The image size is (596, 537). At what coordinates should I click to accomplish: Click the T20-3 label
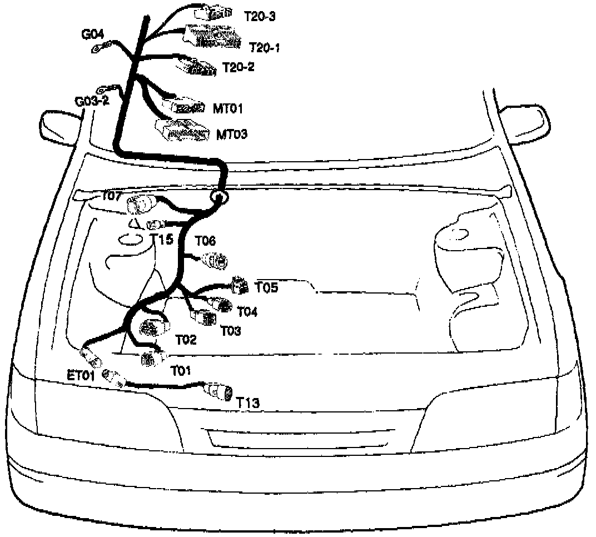click(260, 16)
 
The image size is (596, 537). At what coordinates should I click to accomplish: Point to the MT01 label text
click(228, 107)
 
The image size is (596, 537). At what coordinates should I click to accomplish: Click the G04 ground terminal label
click(92, 35)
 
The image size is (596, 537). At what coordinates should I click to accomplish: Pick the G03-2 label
click(92, 102)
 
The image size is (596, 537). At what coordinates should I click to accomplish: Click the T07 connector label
click(111, 196)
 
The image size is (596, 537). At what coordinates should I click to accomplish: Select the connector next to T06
click(215, 260)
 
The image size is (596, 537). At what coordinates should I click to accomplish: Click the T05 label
click(266, 287)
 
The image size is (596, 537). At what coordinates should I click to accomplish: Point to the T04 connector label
click(247, 311)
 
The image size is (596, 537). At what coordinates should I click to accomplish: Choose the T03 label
click(230, 331)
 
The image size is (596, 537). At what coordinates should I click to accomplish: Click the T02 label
click(186, 339)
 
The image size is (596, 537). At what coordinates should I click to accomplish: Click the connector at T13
click(220, 391)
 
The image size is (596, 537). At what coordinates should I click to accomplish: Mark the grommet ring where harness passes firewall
click(218, 196)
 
